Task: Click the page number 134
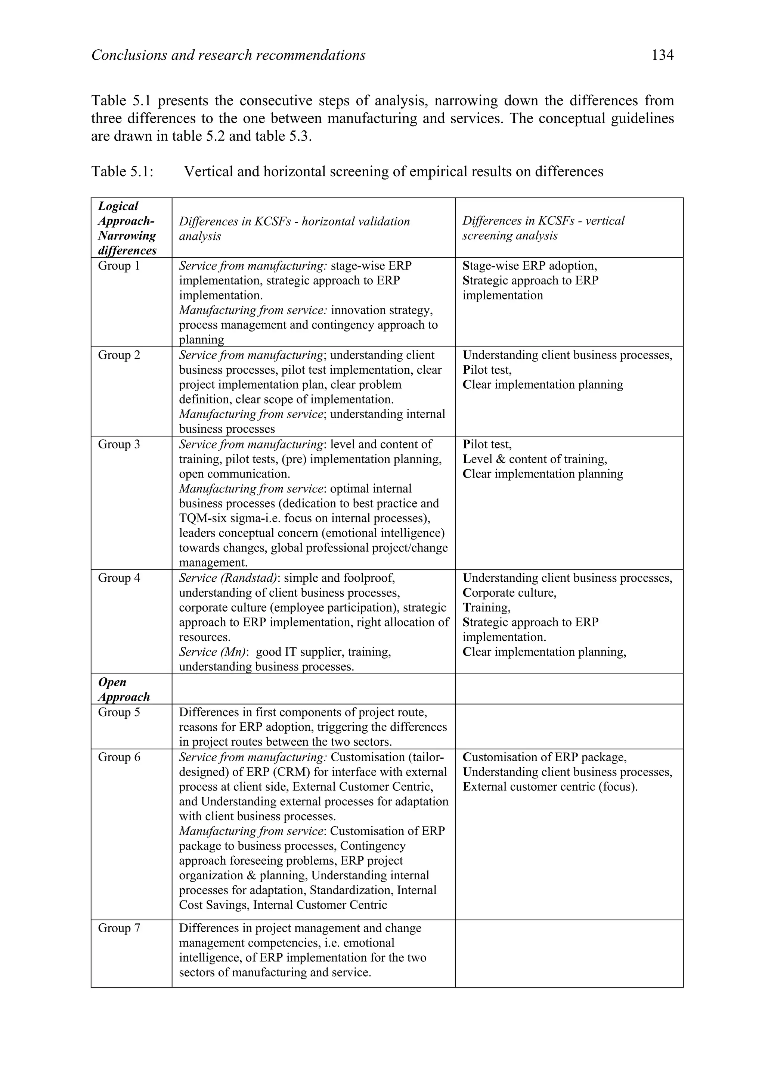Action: [662, 56]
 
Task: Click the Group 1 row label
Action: [119, 266]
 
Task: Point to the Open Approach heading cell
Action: [124, 690]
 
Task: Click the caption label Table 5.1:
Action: [122, 171]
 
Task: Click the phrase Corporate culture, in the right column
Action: [509, 593]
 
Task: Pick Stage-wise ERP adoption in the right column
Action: [529, 266]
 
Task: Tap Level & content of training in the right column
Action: [535, 459]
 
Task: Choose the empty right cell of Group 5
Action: [569, 726]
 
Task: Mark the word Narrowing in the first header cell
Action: [127, 236]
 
